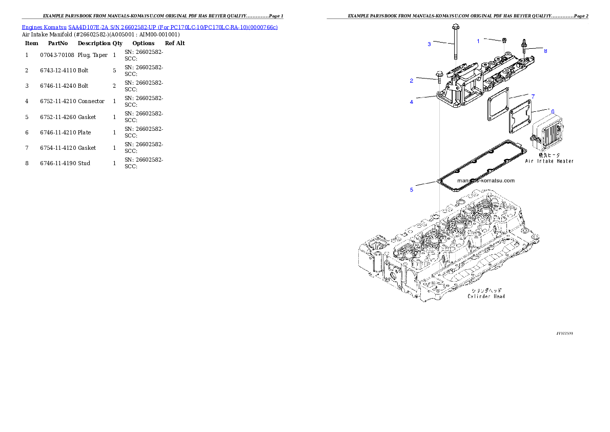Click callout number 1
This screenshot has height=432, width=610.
click(478, 41)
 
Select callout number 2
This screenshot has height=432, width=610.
click(411, 81)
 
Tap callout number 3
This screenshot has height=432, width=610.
click(429, 44)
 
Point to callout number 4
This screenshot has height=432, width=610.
click(411, 102)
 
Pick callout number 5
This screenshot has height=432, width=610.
click(411, 190)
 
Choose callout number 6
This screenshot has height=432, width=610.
click(552, 111)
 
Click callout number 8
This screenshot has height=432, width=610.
click(545, 51)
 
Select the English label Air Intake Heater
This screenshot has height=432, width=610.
click(549, 161)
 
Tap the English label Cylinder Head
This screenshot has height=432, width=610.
click(486, 296)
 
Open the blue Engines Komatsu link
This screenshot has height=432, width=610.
click(150, 27)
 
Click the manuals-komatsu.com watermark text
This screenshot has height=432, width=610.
click(485, 181)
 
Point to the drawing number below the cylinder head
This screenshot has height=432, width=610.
click(564, 333)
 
